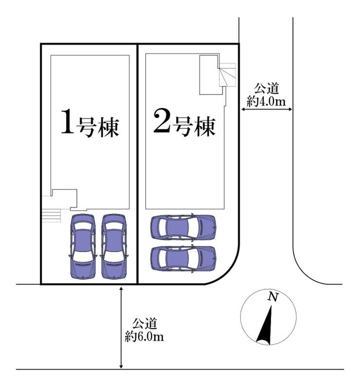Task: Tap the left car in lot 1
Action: click(83, 246)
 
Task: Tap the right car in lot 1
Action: click(114, 246)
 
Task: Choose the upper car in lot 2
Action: click(183, 227)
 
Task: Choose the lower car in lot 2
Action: click(183, 258)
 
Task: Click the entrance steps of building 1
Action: click(51, 214)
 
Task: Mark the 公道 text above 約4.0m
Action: click(266, 89)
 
